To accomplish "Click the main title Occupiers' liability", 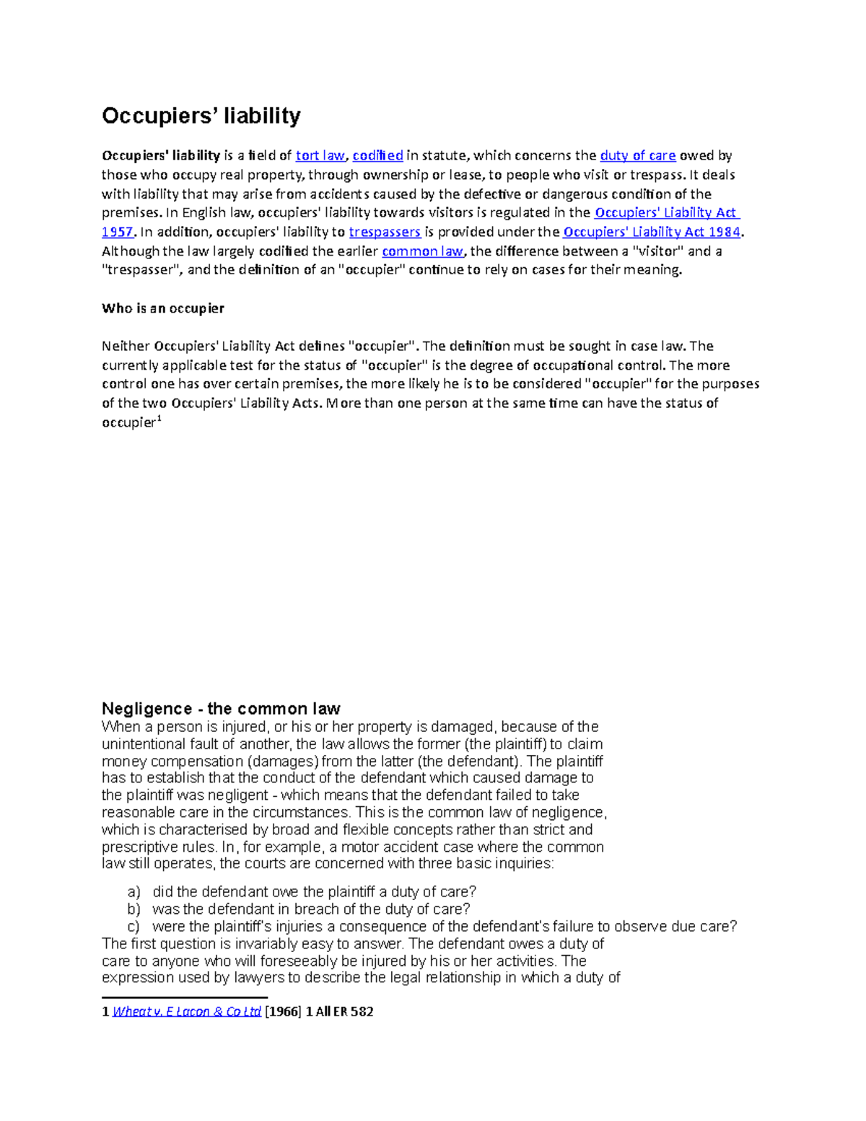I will (x=201, y=115).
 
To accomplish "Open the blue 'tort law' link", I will (x=320, y=155).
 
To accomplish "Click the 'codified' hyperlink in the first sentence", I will (x=377, y=155).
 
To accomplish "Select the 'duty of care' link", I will (x=638, y=155).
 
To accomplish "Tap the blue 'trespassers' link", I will (x=385, y=232).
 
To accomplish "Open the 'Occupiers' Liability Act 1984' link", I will (x=652, y=232).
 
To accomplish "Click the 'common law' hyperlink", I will (x=422, y=251).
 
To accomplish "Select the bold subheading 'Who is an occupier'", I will (x=163, y=308).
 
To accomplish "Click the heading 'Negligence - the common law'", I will (x=221, y=708).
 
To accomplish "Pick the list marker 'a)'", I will (x=134, y=892).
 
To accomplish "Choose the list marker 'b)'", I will (x=134, y=910).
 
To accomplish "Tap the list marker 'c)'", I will (x=134, y=927).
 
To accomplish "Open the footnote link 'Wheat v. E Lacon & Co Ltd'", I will (x=187, y=1012).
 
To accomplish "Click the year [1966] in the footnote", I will (x=283, y=1012).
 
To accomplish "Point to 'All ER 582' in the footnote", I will (x=344, y=1012).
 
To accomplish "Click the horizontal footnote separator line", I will (x=185, y=998).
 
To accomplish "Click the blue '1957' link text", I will (x=117, y=232).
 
